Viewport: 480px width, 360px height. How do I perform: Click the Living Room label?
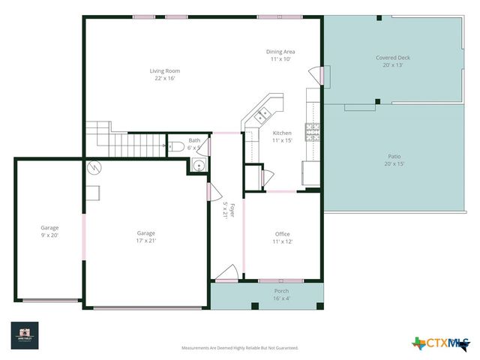pyautogui.click(x=165, y=71)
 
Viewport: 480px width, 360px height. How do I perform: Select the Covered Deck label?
pyautogui.click(x=393, y=58)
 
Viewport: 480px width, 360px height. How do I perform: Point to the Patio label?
pyautogui.click(x=394, y=157)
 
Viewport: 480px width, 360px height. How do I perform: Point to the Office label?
pyautogui.click(x=282, y=234)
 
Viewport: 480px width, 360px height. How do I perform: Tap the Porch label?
pyautogui.click(x=281, y=291)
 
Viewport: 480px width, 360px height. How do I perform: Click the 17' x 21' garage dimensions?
pyautogui.click(x=146, y=241)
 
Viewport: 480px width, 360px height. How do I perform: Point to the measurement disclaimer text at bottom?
pyautogui.click(x=240, y=348)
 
